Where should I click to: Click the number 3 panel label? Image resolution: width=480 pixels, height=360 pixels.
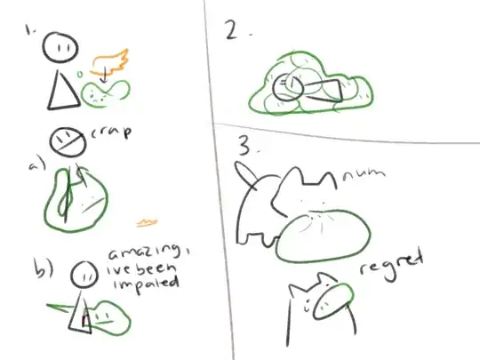pyautogui.click(x=244, y=143)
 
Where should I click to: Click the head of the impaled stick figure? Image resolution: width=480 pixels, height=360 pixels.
pyautogui.click(x=84, y=275)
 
